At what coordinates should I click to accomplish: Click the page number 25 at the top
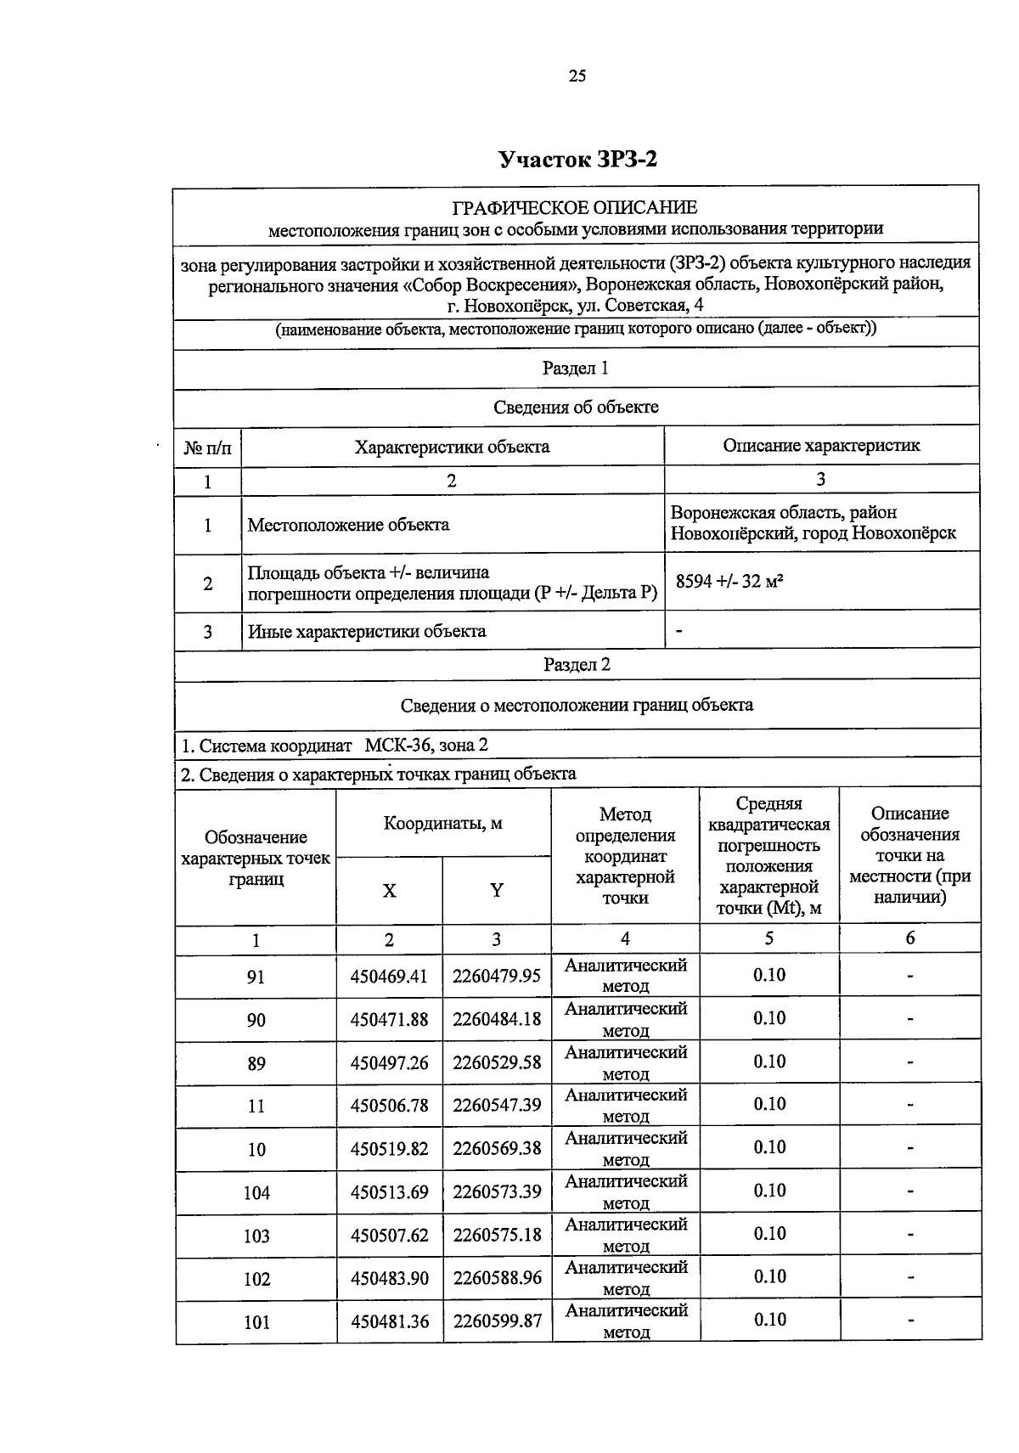coord(577,76)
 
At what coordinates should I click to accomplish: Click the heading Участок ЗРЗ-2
coord(577,160)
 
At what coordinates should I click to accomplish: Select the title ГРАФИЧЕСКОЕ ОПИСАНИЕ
coord(575,207)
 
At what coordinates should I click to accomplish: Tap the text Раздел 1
coord(575,369)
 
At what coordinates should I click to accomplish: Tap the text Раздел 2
coord(577,665)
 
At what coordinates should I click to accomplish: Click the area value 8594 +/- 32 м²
coord(729,583)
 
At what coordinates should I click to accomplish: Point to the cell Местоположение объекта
coord(348,525)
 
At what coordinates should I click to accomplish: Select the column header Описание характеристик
coord(820,445)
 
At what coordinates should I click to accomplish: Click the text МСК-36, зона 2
coord(426,746)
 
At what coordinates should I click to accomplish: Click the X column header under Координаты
coord(389,890)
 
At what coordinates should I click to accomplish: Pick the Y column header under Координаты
coord(497,890)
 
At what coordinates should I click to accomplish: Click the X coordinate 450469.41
coord(389,976)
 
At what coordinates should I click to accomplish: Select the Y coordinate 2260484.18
coord(497,1018)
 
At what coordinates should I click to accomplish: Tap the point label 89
coord(256,1063)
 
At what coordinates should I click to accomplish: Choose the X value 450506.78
coord(389,1106)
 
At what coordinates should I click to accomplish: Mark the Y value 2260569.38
coord(497,1149)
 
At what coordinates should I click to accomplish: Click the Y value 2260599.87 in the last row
coord(497,1321)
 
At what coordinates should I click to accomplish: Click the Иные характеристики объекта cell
coord(367,631)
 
